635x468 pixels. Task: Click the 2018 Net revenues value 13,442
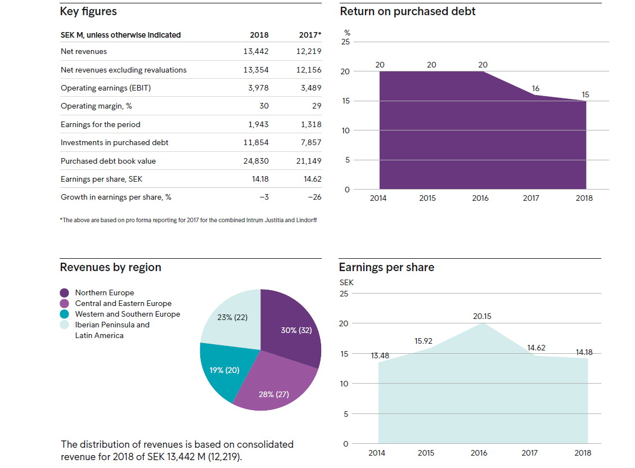point(256,51)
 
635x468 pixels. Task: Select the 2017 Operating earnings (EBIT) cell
point(311,88)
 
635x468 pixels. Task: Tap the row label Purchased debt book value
point(108,161)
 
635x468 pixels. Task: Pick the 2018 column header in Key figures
point(259,35)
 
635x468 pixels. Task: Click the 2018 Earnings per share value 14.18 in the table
point(260,179)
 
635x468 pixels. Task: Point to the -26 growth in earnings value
point(314,197)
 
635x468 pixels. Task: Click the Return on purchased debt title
point(407,11)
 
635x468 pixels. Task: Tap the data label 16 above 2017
point(535,88)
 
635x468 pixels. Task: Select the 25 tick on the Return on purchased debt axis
point(345,42)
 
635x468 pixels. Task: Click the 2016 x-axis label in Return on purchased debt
point(480,198)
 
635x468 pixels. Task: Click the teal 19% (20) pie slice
point(223,368)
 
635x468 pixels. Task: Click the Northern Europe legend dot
point(64,292)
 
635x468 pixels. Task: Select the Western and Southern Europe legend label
point(128,314)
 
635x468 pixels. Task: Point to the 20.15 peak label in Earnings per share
point(482,316)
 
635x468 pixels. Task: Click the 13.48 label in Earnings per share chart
point(380,355)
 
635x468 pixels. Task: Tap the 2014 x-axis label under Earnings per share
point(377,453)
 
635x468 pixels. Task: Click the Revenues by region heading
point(111,267)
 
